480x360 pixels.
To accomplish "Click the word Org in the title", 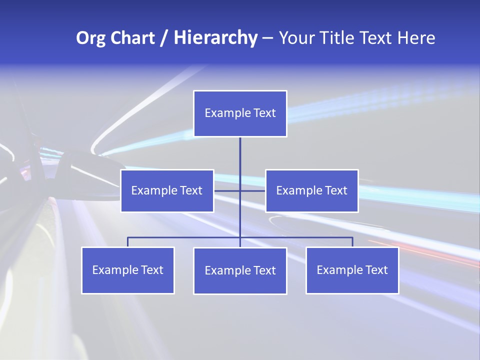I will pos(91,38).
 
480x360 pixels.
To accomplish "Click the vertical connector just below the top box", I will pos(240,150).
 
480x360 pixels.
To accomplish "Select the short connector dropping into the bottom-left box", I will pos(127,242).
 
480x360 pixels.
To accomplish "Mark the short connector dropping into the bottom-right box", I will pos(352,242).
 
